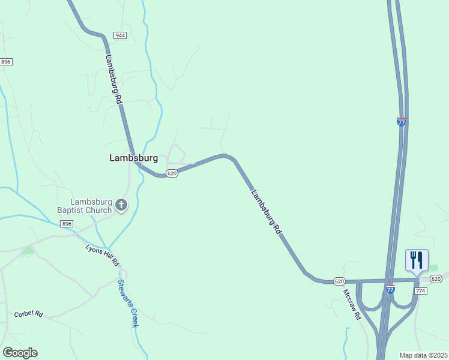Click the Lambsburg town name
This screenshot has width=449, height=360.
pos(133,158)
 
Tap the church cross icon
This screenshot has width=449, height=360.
pos(121,206)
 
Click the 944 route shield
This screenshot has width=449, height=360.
pos(121,36)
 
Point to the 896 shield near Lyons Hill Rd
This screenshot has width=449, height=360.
pos(67,224)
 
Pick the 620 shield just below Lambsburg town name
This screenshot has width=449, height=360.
pos(172,173)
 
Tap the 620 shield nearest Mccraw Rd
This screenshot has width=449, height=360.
pos(339,281)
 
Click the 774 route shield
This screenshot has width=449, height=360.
pos(420,290)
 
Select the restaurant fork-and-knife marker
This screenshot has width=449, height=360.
pos(417,260)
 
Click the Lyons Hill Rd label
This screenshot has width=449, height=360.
pos(102,256)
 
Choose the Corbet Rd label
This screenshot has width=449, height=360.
pos(29,314)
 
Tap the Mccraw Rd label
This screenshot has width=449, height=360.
pos(351,304)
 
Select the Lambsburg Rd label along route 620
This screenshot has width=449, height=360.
pos(265,212)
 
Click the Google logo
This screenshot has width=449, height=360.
pos(20,353)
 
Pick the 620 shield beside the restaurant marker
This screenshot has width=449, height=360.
pos(436,278)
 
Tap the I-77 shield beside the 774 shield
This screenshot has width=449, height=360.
pos(390,289)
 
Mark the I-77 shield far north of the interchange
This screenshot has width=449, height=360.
pos(401,121)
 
